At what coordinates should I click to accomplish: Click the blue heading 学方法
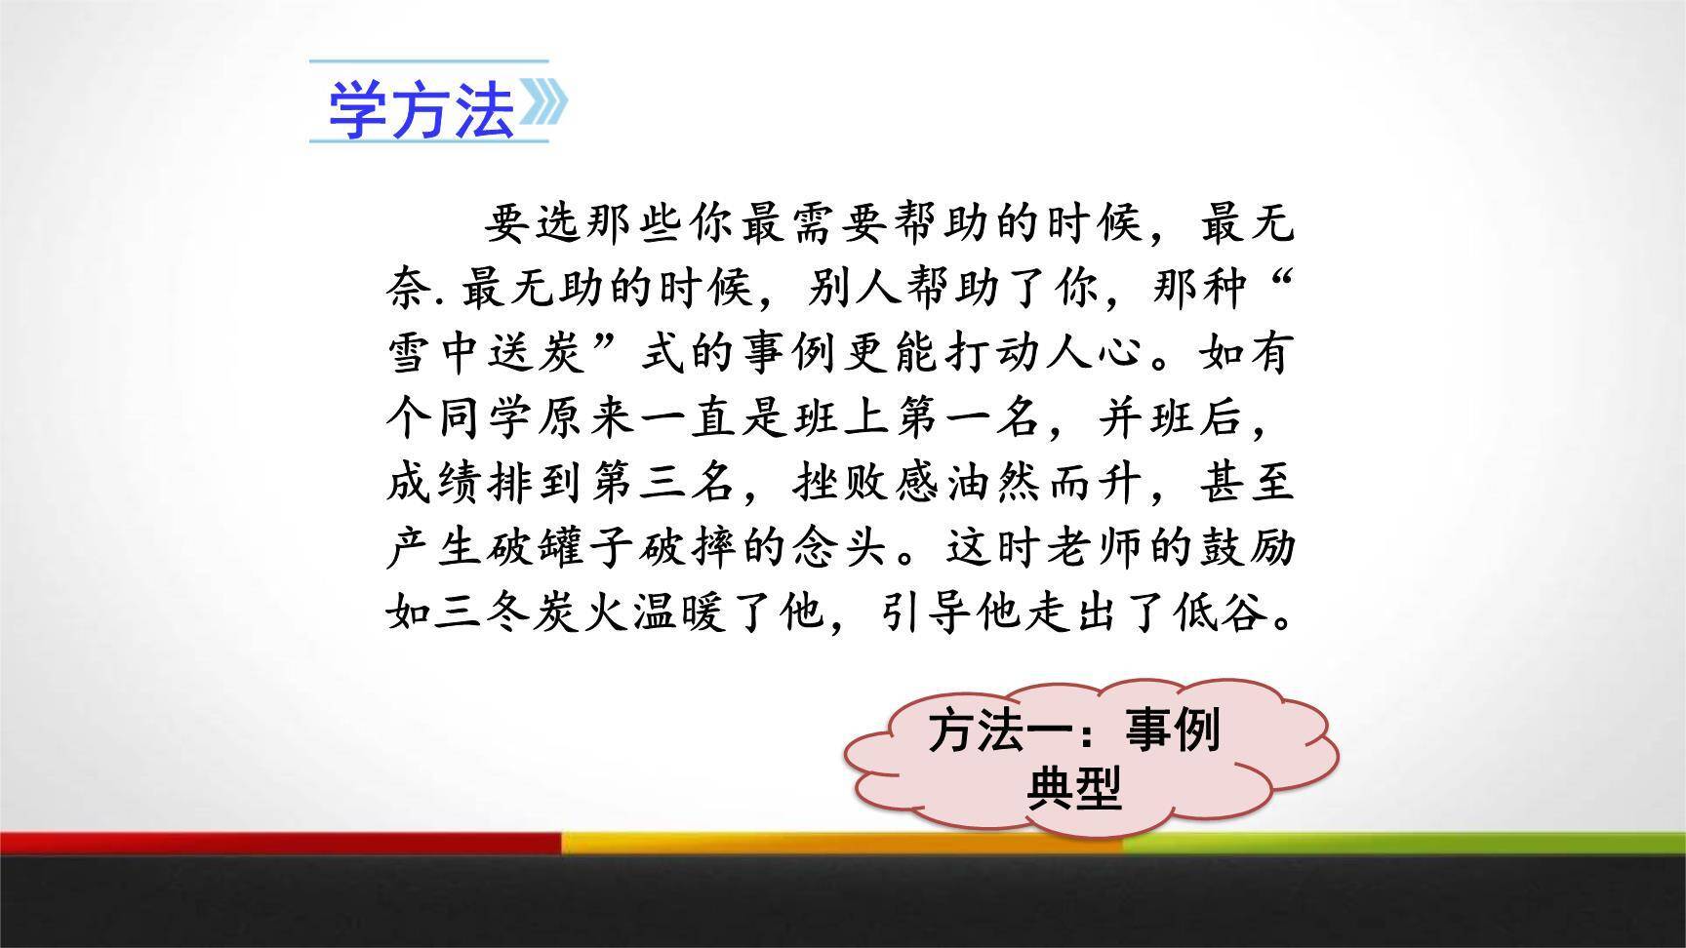421,108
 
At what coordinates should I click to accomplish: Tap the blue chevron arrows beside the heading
544,103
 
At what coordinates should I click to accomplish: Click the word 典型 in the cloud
1073,789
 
